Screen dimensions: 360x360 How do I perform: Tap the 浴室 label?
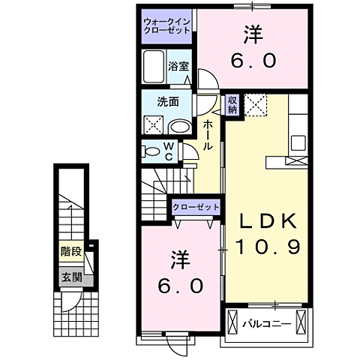click(x=178, y=65)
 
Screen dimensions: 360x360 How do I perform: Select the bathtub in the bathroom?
click(x=155, y=69)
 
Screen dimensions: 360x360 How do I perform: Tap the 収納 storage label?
click(x=233, y=105)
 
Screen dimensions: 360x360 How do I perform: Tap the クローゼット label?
click(x=196, y=206)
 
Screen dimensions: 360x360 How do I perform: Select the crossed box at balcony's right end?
click(x=302, y=323)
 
